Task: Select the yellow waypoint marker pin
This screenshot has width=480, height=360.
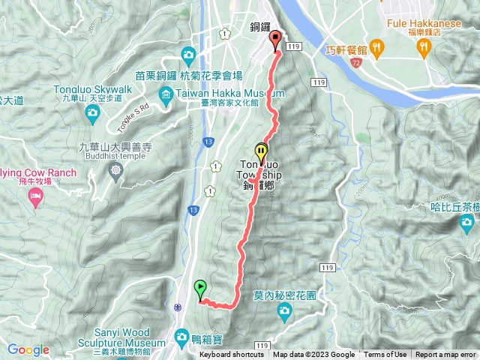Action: pos(261,151)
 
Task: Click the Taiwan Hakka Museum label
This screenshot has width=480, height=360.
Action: pos(221,93)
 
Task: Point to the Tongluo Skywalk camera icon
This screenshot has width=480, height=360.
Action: pos(93,114)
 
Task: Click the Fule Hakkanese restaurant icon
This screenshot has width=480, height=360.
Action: pos(424,46)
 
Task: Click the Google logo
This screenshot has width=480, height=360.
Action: pos(28,349)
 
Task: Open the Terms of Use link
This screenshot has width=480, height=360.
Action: pos(385,355)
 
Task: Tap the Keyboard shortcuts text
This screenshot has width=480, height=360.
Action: pos(232,355)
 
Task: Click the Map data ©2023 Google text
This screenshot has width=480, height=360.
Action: pos(313,355)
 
